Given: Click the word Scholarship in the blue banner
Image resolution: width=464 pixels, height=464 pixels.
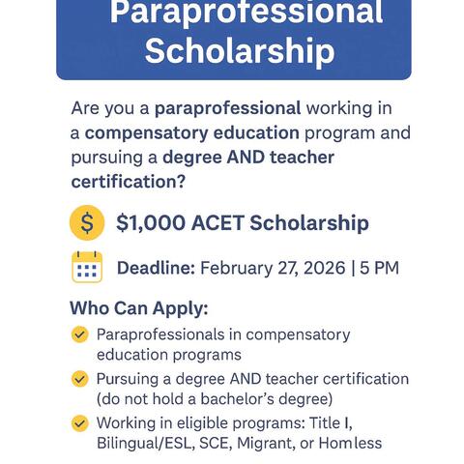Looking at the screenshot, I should click(x=240, y=51).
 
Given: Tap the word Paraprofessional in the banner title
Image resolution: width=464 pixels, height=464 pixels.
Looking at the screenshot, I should click(x=246, y=13).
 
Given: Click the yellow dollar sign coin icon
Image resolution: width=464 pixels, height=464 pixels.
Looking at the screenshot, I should click(x=87, y=223).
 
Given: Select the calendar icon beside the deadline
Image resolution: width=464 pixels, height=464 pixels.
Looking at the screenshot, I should click(x=87, y=267).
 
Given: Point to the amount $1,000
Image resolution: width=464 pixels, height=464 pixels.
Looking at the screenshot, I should click(x=150, y=223).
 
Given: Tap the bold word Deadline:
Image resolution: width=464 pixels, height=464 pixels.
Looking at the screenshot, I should click(x=156, y=268).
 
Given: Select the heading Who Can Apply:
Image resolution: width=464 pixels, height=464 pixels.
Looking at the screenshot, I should click(x=138, y=310).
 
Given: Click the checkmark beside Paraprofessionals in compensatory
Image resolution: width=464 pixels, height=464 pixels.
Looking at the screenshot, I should click(x=80, y=335).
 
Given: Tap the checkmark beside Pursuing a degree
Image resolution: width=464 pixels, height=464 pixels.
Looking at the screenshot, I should click(x=80, y=379).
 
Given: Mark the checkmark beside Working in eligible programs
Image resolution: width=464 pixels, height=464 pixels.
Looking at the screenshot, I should click(x=80, y=423).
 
